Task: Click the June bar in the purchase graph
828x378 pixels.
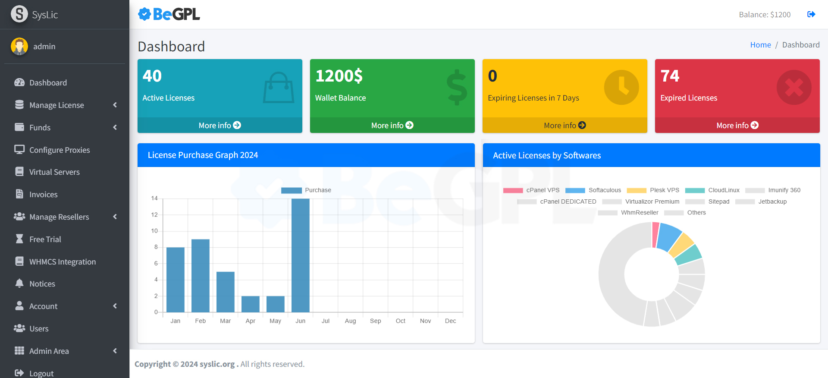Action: [300, 255]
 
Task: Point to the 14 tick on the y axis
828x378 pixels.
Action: [154, 198]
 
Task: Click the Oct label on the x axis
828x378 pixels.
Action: [400, 321]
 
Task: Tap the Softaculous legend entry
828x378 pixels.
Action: [593, 190]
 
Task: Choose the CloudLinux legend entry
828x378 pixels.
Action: [712, 190]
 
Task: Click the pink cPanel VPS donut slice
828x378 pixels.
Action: [655, 235]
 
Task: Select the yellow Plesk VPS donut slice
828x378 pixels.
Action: [681, 244]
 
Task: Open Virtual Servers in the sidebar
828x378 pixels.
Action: [54, 172]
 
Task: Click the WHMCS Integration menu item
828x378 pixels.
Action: [62, 262]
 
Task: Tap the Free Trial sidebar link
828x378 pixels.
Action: [45, 239]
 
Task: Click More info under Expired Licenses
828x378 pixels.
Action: [737, 126]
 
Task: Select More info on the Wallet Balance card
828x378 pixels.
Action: [392, 126]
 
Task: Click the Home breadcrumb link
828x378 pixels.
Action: [760, 45]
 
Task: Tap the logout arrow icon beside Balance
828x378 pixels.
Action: [811, 15]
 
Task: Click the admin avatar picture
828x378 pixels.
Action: [19, 47]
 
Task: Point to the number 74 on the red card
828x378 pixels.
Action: [670, 76]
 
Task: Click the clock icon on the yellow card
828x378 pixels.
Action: [621, 87]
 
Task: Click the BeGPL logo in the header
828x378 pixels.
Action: [169, 15]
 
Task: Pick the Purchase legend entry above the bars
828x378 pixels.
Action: [306, 190]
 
